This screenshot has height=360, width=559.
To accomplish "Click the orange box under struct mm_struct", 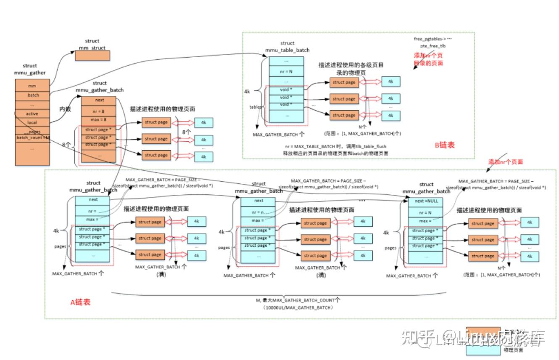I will (92, 56).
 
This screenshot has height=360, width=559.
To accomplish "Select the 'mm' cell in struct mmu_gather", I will (32, 86).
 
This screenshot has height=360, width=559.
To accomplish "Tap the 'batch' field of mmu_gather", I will (33, 95).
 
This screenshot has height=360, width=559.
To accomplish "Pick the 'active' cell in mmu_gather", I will (32, 114).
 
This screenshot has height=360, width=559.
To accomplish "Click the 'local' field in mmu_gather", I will (32, 122).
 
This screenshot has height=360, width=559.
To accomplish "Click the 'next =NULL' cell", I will (426, 201).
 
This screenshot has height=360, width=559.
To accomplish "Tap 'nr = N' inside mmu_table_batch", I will (287, 71).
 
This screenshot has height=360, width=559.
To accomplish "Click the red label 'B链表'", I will (445, 146).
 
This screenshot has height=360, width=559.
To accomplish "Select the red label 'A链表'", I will (80, 302).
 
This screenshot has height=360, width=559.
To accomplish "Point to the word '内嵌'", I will (65, 109).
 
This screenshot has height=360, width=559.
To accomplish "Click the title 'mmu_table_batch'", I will (287, 50).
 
